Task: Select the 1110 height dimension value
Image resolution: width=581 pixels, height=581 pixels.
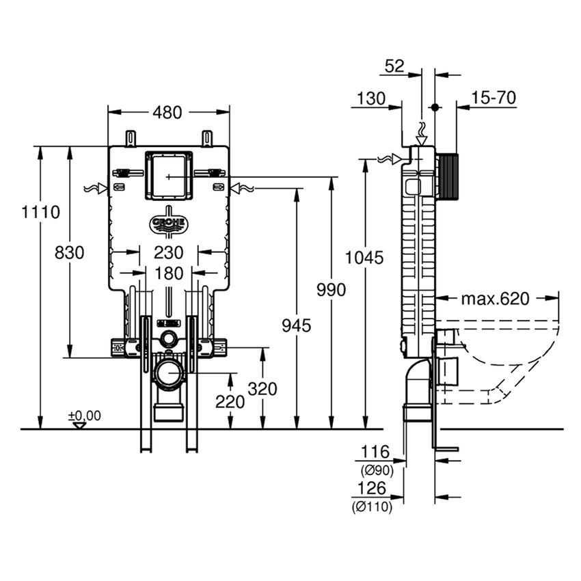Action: tap(40, 212)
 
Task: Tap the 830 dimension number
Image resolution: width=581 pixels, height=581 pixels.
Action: tap(69, 253)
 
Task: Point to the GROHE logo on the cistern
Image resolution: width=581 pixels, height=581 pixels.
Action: tap(168, 224)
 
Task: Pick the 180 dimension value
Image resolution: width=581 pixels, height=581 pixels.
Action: tap(168, 273)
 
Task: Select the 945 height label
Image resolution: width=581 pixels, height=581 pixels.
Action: tap(296, 325)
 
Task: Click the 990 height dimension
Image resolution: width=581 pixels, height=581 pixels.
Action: tap(331, 289)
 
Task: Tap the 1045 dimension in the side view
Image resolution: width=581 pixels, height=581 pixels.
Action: tap(364, 258)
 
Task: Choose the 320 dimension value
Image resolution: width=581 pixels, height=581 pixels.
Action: tap(262, 389)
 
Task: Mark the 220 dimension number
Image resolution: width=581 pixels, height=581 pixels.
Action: tap(230, 402)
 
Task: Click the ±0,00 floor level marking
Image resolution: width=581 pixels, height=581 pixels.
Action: tap(84, 416)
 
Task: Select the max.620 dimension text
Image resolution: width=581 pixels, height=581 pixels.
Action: tap(495, 298)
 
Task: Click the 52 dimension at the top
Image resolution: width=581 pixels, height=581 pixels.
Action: tap(395, 66)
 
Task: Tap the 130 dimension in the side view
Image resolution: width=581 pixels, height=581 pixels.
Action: tap(370, 98)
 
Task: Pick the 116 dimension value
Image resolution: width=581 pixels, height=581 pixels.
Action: tap(375, 452)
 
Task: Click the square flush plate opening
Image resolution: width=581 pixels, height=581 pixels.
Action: tap(167, 176)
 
